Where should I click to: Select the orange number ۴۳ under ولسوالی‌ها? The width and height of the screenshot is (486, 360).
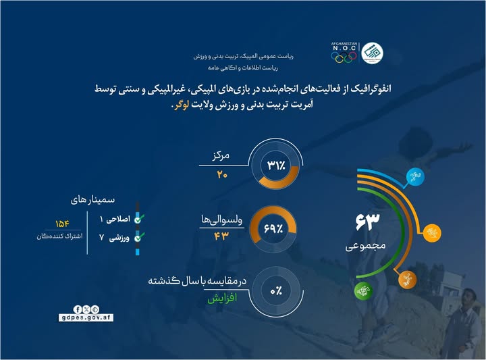[222, 236]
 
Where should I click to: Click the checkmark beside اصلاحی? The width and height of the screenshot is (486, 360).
[138, 220]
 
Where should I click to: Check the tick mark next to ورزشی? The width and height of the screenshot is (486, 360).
[138, 238]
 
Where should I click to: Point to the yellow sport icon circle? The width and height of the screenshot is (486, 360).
[429, 233]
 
